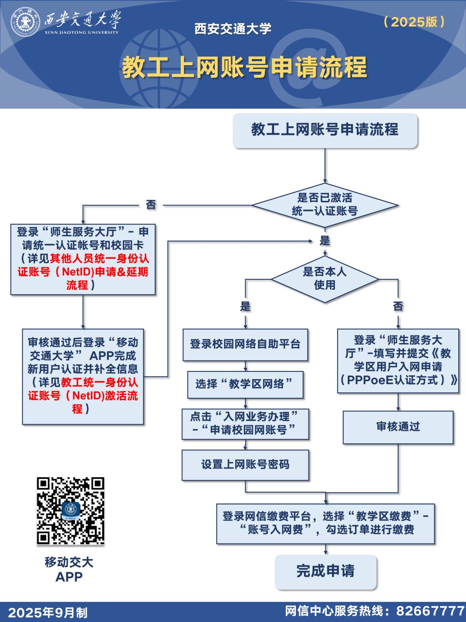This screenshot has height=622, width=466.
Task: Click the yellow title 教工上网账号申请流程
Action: [x=244, y=67]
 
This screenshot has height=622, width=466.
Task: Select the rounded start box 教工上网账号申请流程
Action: [x=325, y=130]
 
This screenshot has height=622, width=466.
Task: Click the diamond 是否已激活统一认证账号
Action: [x=325, y=205]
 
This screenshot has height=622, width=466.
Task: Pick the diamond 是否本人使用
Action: [x=325, y=278]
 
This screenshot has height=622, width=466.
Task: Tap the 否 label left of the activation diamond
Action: [x=151, y=205]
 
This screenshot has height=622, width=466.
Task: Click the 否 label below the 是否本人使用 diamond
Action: [x=398, y=306]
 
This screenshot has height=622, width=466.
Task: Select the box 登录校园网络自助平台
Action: [x=245, y=344]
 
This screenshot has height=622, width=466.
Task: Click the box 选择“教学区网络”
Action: [x=245, y=384]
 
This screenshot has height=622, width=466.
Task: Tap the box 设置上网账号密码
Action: [x=245, y=465]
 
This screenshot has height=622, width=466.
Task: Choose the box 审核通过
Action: [x=398, y=427]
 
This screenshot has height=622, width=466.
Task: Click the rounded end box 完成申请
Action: [x=325, y=571]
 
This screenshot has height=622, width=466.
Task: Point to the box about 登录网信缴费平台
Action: [x=325, y=523]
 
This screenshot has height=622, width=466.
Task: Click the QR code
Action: [x=71, y=511]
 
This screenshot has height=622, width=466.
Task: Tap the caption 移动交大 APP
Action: [x=69, y=569]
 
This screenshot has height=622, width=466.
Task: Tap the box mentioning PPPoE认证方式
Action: [x=398, y=360]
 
